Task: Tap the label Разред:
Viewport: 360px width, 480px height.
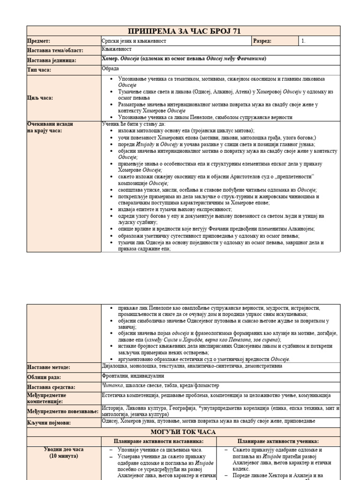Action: (262, 41)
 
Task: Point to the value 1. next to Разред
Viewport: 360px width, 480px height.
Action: (304, 41)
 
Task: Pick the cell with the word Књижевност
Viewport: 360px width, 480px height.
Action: (117, 49)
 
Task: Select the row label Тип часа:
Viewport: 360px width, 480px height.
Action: (39, 70)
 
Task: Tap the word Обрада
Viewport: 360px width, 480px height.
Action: (110, 68)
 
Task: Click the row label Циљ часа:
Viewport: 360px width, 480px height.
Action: (40, 98)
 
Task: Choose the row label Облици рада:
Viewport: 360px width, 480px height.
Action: (45, 377)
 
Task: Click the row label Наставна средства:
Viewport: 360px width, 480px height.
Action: (51, 387)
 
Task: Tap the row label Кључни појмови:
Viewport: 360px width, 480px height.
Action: (48, 423)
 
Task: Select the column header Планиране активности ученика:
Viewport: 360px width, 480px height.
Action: (278, 442)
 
